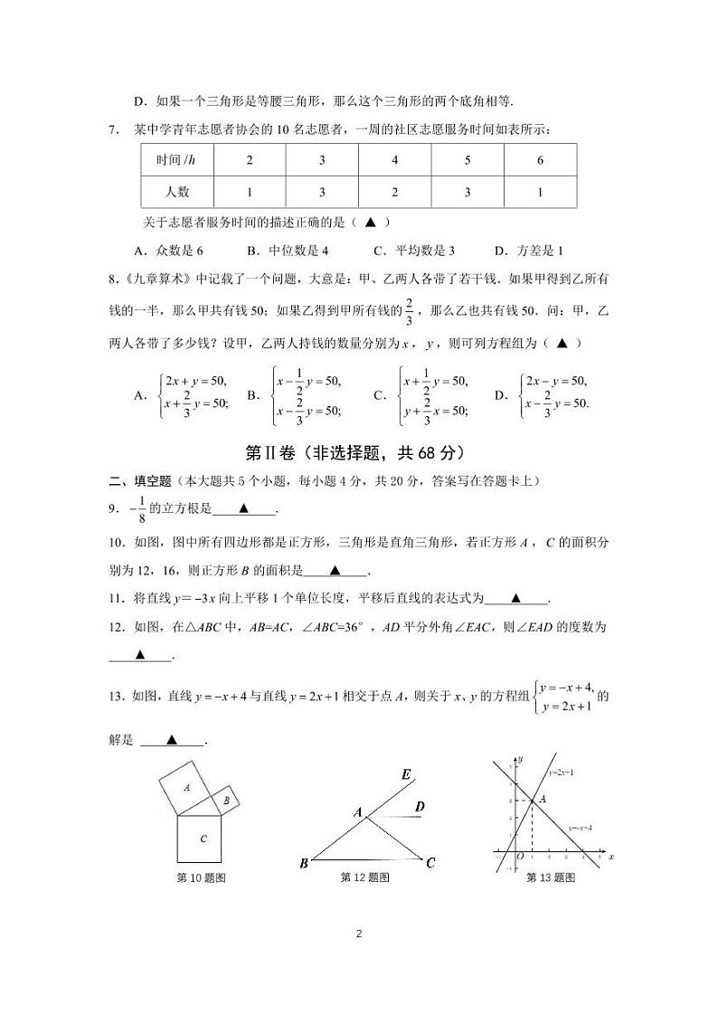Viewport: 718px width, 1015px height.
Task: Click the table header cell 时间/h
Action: point(176,160)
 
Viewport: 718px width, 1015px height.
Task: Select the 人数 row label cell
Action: point(176,192)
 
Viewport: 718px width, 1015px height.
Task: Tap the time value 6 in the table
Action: point(540,160)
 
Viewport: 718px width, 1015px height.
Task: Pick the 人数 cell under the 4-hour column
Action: point(394,192)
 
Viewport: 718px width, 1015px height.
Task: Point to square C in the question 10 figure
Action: point(203,839)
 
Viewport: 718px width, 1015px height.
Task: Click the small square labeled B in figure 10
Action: point(226,800)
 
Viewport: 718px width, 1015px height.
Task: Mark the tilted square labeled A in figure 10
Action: point(186,788)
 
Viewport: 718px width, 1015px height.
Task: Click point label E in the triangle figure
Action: point(406,774)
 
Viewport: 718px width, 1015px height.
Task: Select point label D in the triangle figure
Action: point(420,806)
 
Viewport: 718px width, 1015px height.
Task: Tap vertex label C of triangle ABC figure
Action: point(430,862)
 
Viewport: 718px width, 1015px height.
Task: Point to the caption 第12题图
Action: point(364,877)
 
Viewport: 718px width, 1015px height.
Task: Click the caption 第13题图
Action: point(550,877)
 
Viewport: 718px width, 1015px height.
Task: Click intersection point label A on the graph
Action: point(542,799)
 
